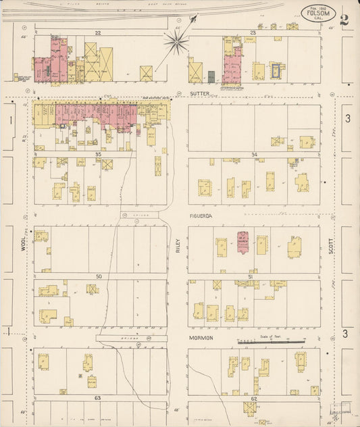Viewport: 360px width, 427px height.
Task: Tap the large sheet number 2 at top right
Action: pos(344,18)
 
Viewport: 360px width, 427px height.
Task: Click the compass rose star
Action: pos(176,43)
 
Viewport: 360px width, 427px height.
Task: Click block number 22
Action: pos(98,32)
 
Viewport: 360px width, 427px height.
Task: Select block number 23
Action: pos(253,32)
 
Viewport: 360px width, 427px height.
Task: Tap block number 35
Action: pos(98,154)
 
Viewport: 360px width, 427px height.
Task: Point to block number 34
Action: pos(254,155)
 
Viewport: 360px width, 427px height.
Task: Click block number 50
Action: pos(98,276)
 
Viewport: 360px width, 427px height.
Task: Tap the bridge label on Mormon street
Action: pos(122,338)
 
